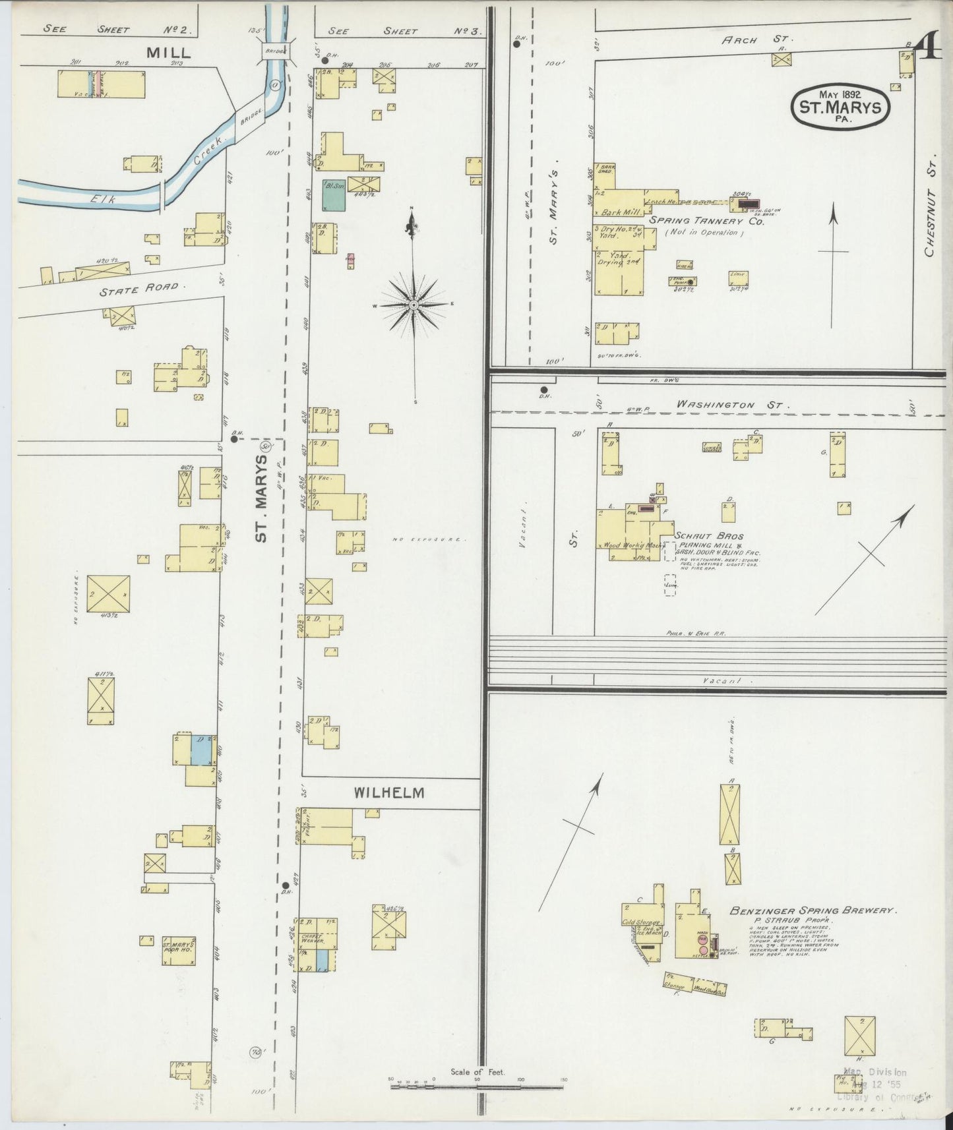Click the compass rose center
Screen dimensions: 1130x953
tap(414, 305)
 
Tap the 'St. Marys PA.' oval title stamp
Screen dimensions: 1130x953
tap(840, 106)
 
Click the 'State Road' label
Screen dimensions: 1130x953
tap(139, 287)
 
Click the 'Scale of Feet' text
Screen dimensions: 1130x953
tap(477, 1072)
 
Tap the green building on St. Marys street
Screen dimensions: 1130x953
tap(334, 195)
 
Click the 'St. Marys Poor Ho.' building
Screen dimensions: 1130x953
tap(178, 949)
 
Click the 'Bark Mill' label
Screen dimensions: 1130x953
tap(617, 212)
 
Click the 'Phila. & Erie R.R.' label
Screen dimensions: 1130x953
tap(696, 634)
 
